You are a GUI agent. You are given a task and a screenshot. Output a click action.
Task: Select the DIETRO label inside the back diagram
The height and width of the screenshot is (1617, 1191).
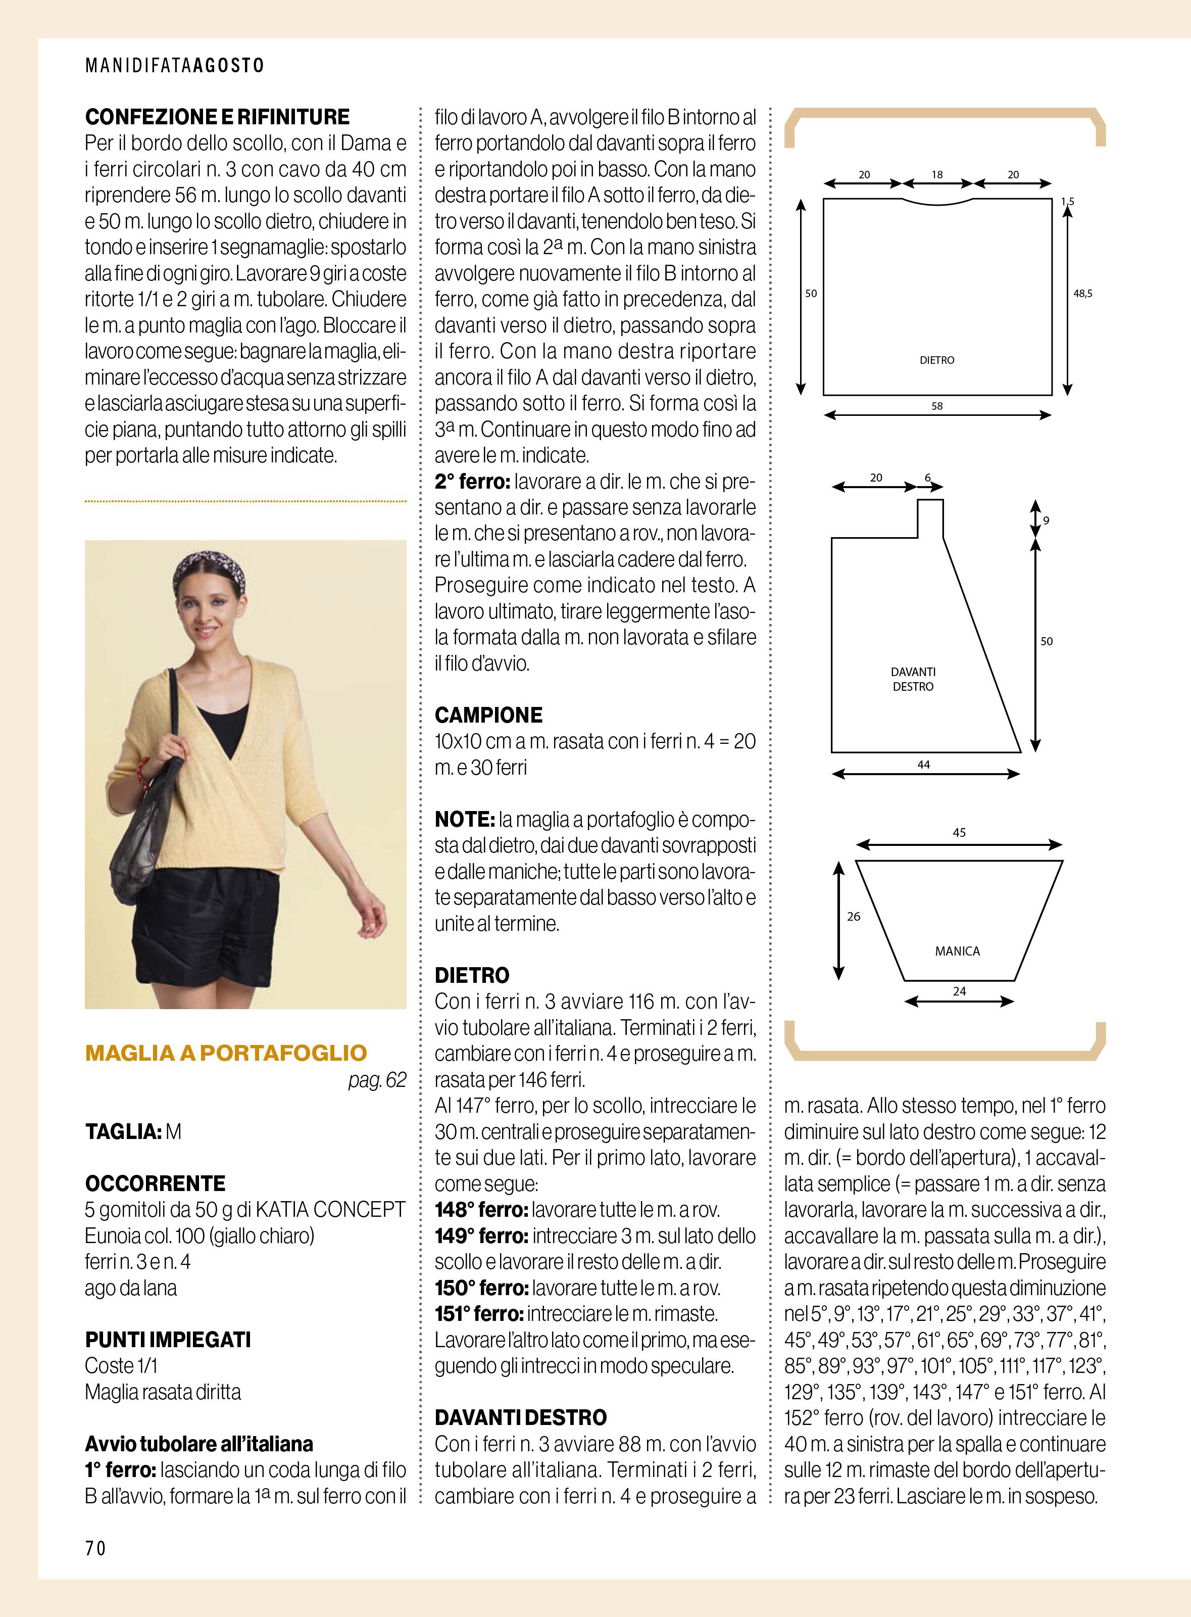[x=936, y=360]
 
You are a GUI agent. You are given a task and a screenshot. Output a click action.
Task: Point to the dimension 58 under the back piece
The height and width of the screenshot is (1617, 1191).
[x=936, y=406]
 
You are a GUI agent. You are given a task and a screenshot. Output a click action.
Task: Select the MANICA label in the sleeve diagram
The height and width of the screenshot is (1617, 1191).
[x=958, y=952]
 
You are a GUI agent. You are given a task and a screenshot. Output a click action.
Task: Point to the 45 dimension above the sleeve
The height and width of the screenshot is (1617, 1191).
[x=959, y=832]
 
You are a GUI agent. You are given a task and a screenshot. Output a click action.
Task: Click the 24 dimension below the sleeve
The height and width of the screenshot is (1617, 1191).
[x=959, y=991]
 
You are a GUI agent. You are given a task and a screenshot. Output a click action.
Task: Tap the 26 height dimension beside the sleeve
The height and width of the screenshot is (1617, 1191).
[x=854, y=917]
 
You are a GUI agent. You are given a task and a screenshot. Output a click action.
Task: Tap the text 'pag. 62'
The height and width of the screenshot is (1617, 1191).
[x=377, y=1080]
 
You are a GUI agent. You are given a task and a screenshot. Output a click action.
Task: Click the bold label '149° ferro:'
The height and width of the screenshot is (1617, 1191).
[x=481, y=1235]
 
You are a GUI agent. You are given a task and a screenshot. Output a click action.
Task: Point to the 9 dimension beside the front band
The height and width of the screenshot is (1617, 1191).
[x=1046, y=519]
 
